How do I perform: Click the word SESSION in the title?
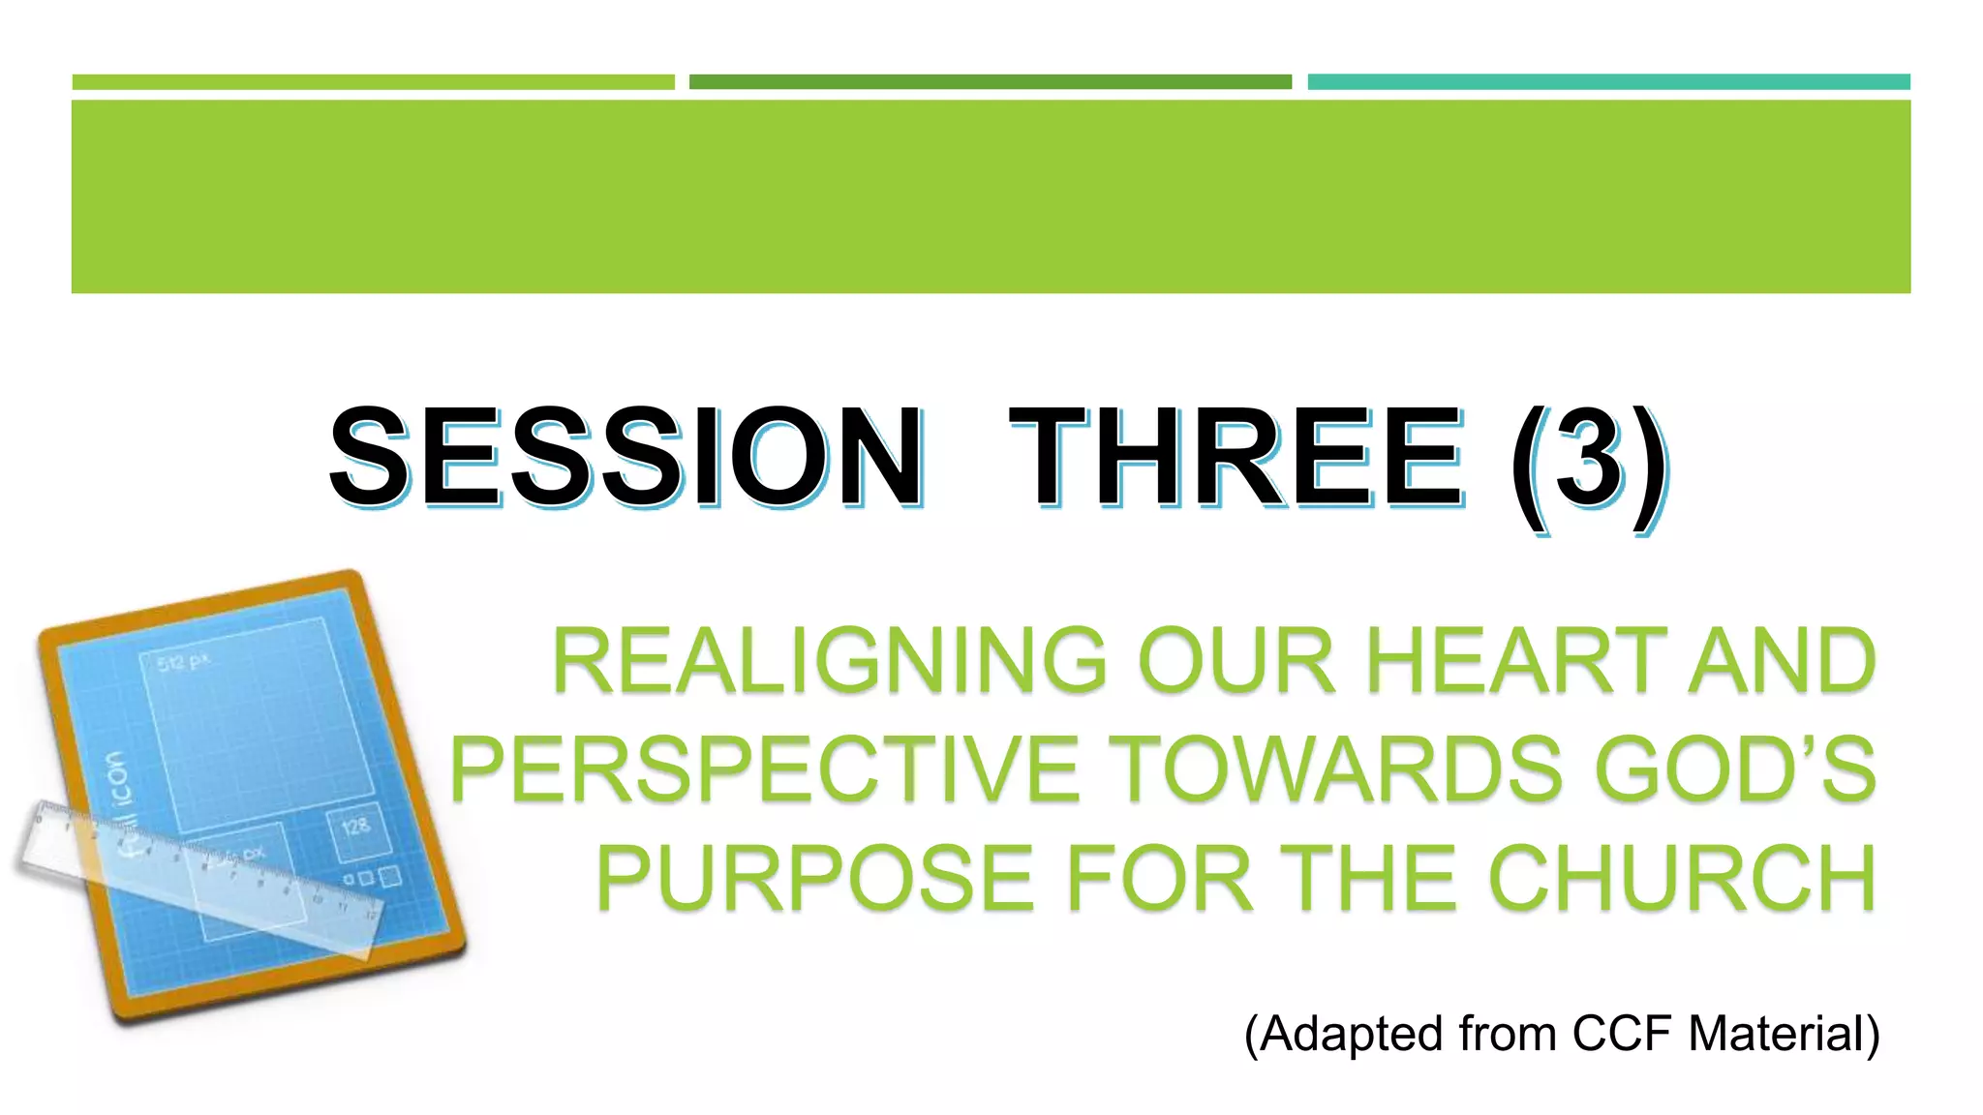pyautogui.click(x=625, y=457)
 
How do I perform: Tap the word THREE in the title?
pyautogui.click(x=1236, y=457)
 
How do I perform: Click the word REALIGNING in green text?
pyautogui.click(x=829, y=661)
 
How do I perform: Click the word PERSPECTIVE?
pyautogui.click(x=765, y=769)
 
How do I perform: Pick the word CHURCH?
pyautogui.click(x=1683, y=878)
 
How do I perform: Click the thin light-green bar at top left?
pyautogui.click(x=373, y=82)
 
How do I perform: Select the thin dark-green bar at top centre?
pyautogui.click(x=990, y=82)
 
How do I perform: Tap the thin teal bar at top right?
pyautogui.click(x=1608, y=82)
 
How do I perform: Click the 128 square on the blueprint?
pyautogui.click(x=355, y=828)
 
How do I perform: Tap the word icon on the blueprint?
pyautogui.click(x=116, y=779)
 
